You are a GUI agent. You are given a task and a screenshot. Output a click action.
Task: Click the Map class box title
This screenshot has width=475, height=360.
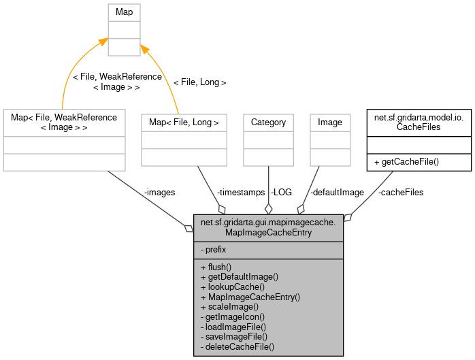coord(123,12)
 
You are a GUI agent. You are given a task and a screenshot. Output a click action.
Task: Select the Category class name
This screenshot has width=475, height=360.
coord(268,122)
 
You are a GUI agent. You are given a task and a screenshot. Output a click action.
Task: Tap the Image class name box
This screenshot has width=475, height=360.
coord(330,122)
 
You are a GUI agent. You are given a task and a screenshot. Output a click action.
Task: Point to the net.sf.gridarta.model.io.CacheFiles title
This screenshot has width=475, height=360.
coord(419,122)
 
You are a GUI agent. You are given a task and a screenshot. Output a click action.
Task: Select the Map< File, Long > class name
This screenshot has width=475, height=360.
coord(184,122)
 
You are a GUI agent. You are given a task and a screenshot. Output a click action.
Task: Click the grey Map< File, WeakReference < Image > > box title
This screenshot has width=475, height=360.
coord(64,122)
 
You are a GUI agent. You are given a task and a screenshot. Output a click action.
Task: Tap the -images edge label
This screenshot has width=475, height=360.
coord(159,193)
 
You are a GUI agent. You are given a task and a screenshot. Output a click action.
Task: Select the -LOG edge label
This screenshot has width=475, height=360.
coord(280,193)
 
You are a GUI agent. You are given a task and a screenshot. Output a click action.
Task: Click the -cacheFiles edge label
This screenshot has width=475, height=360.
coord(400,193)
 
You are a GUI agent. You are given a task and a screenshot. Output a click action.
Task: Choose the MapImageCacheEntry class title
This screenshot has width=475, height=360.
coord(268,228)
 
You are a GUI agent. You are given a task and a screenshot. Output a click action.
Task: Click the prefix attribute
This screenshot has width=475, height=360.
coord(214,250)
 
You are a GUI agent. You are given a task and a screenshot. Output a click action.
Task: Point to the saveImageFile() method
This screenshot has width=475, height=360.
coord(234,336)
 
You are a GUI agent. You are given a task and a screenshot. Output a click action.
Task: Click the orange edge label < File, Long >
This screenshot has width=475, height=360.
coord(199,82)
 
